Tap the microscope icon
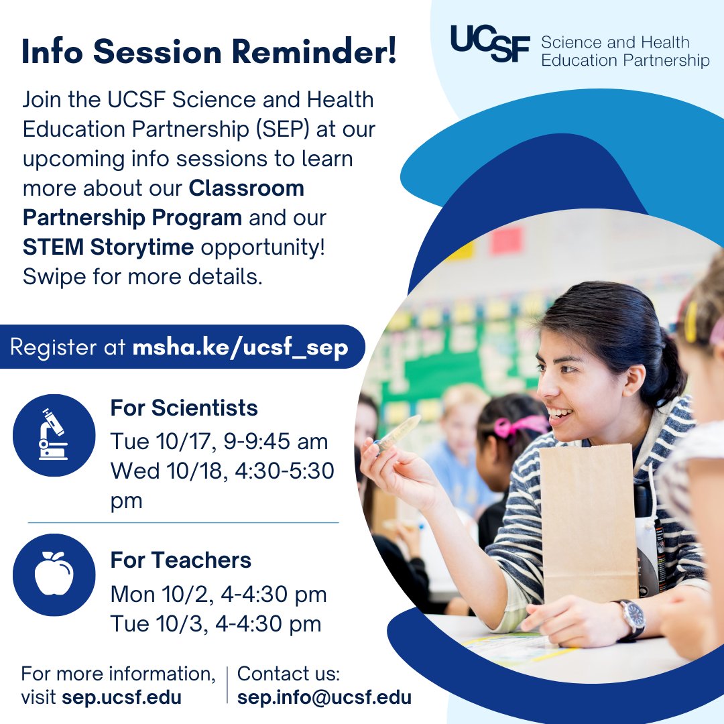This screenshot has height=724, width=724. point(54,435)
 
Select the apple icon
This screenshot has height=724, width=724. point(54,575)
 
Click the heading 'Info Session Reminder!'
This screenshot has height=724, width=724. point(209,52)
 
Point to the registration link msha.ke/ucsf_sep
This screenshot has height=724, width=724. point(240,348)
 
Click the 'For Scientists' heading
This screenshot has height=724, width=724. point(184,408)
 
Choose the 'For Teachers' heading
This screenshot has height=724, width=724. point(180,560)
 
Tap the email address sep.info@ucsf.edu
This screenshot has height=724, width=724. point(324,697)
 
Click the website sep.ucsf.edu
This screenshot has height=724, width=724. point(121,697)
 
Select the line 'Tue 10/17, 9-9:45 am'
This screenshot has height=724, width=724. point(219,442)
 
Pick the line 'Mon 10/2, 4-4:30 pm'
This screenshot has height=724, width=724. point(219,594)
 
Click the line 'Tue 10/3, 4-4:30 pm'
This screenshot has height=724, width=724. point(216,624)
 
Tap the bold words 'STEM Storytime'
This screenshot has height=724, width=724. point(108,247)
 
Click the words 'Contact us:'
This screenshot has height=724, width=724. point(289,674)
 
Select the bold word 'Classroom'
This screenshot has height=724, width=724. point(247,188)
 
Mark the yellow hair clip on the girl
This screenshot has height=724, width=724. point(690,322)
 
